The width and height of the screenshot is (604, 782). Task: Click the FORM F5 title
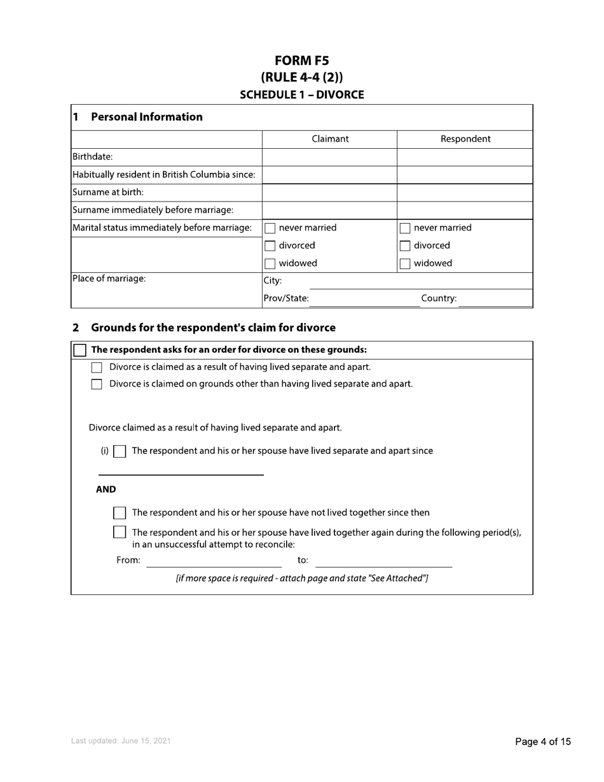pyautogui.click(x=302, y=61)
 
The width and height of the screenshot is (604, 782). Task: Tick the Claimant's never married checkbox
pyautogui.click(x=270, y=228)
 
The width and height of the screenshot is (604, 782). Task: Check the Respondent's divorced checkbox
pyautogui.click(x=405, y=246)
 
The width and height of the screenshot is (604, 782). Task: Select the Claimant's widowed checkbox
pyautogui.click(x=270, y=264)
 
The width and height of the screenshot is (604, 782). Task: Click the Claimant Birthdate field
pyautogui.click(x=329, y=157)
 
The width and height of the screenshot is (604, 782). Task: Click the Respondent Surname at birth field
pyautogui.click(x=465, y=193)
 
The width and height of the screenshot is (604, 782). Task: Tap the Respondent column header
pyautogui.click(x=465, y=139)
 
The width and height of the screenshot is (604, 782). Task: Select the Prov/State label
pyautogui.click(x=286, y=298)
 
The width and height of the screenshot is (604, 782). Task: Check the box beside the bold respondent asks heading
pyautogui.click(x=80, y=350)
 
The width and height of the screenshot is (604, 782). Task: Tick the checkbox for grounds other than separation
pyautogui.click(x=97, y=384)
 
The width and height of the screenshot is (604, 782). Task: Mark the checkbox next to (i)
pyautogui.click(x=119, y=451)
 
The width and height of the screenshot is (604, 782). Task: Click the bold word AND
pyautogui.click(x=106, y=490)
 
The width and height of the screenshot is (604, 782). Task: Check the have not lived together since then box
pyautogui.click(x=119, y=513)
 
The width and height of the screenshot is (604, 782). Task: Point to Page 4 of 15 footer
pyautogui.click(x=542, y=741)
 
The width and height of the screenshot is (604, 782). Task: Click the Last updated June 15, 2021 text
pyautogui.click(x=121, y=741)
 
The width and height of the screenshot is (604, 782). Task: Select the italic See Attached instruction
pyautogui.click(x=302, y=579)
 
